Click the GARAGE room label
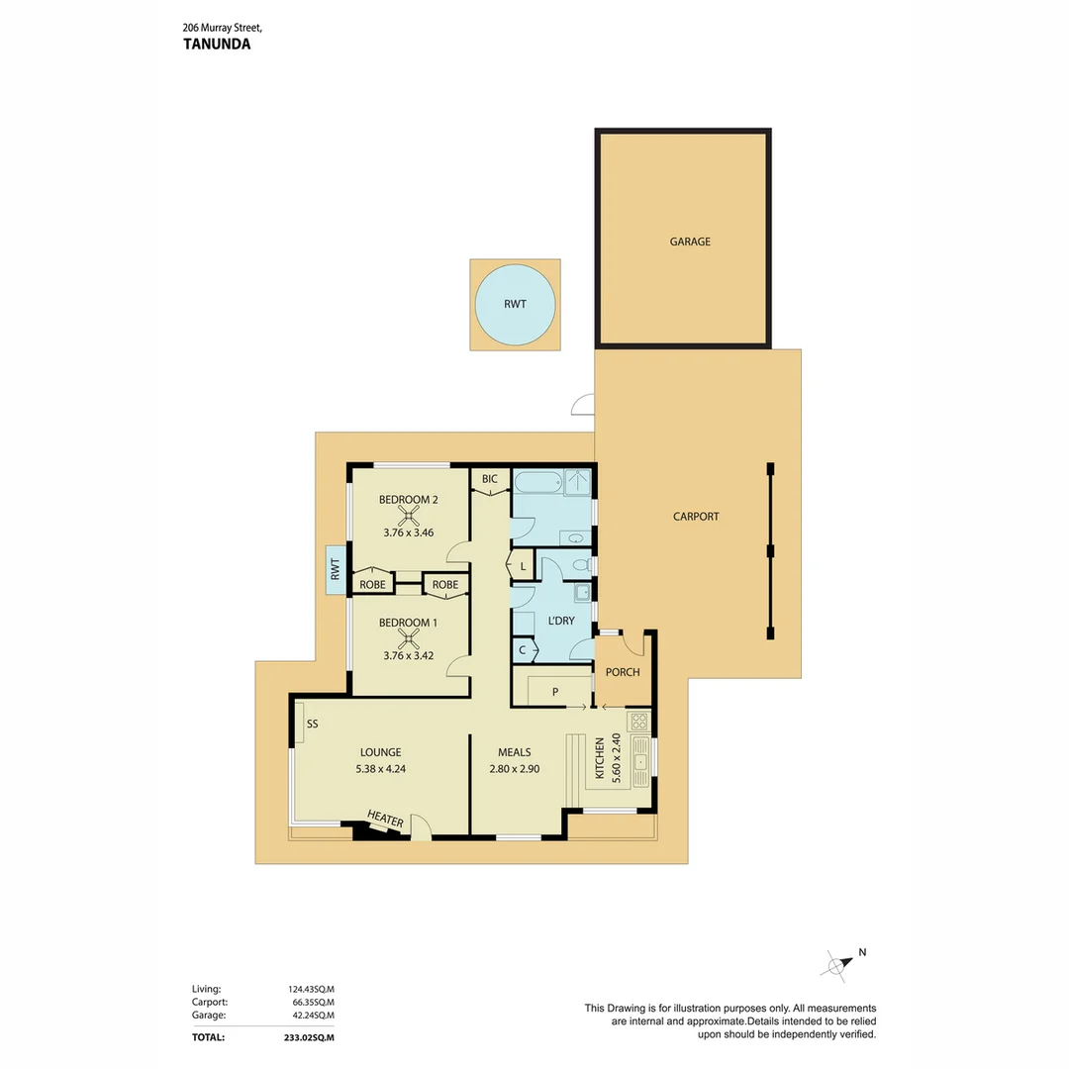[690, 242]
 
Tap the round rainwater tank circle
[515, 304]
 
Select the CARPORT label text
[696, 517]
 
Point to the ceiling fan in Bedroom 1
[408, 638]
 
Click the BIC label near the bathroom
[490, 479]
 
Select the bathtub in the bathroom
[535, 483]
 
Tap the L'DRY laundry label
[561, 622]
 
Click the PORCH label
[624, 673]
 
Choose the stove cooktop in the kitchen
[639, 721]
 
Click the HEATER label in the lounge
[385, 818]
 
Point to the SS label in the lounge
[312, 725]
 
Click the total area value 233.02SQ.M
[311, 1037]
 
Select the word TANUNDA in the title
[217, 44]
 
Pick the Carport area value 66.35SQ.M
[311, 1002]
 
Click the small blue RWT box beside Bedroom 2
[336, 570]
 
